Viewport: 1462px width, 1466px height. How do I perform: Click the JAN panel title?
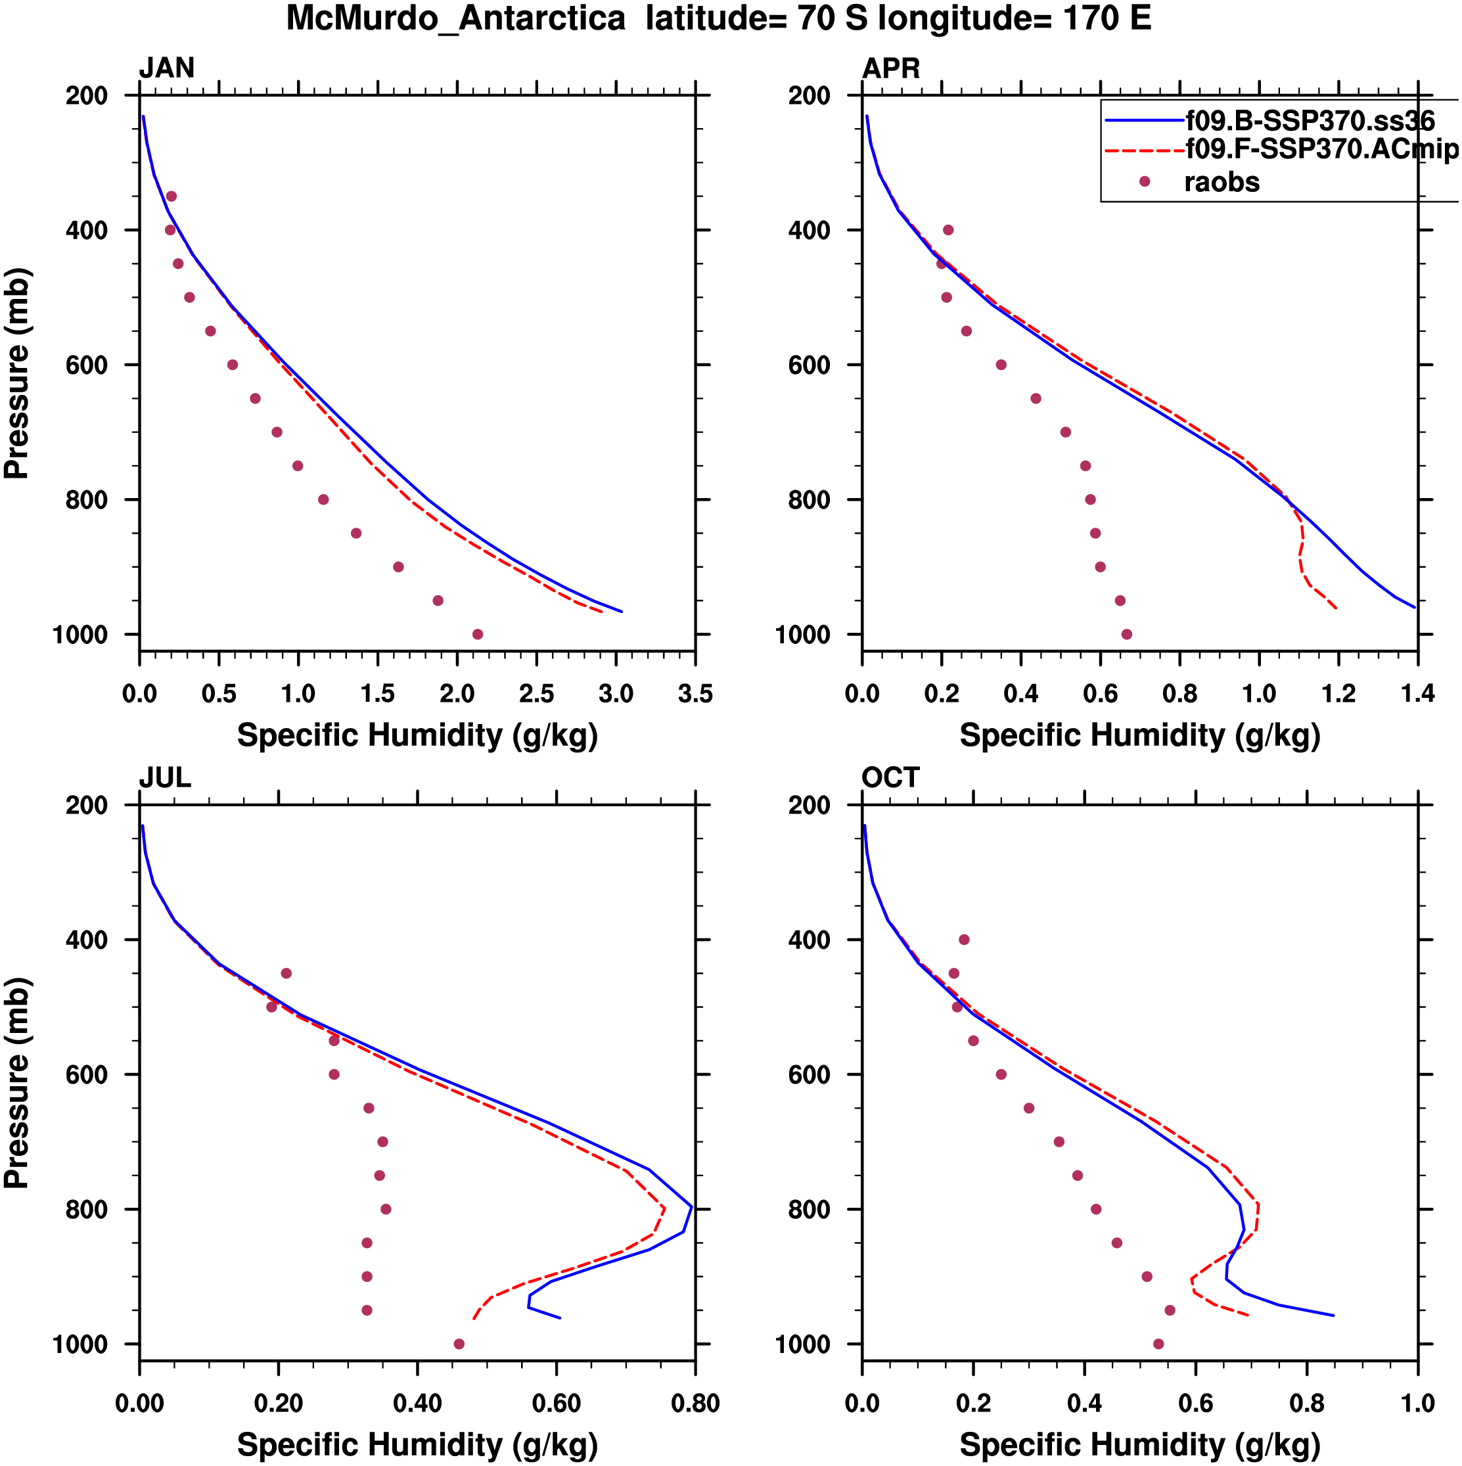(x=166, y=68)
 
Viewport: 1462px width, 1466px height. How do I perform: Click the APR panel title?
(x=891, y=68)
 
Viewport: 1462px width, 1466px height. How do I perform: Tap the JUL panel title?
(x=165, y=778)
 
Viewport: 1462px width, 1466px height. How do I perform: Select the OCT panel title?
(x=890, y=778)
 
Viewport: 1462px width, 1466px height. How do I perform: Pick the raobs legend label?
(x=1222, y=182)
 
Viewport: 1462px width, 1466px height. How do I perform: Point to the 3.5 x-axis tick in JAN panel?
(x=695, y=693)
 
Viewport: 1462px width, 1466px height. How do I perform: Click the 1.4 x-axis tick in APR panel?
(x=1417, y=693)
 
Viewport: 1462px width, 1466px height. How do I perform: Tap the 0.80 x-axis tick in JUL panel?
(x=695, y=1403)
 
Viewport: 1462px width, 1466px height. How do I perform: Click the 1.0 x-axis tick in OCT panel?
(x=1417, y=1403)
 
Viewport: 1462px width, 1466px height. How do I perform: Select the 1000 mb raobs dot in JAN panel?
(x=477, y=634)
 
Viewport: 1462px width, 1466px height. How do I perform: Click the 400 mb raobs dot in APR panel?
(x=948, y=230)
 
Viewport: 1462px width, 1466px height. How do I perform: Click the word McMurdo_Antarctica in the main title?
(x=455, y=18)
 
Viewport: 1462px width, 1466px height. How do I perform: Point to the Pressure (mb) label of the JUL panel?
(x=16, y=1083)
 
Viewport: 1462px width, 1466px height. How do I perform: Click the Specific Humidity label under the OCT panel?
(x=1139, y=1444)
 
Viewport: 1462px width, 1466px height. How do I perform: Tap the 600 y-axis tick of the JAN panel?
(x=87, y=365)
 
